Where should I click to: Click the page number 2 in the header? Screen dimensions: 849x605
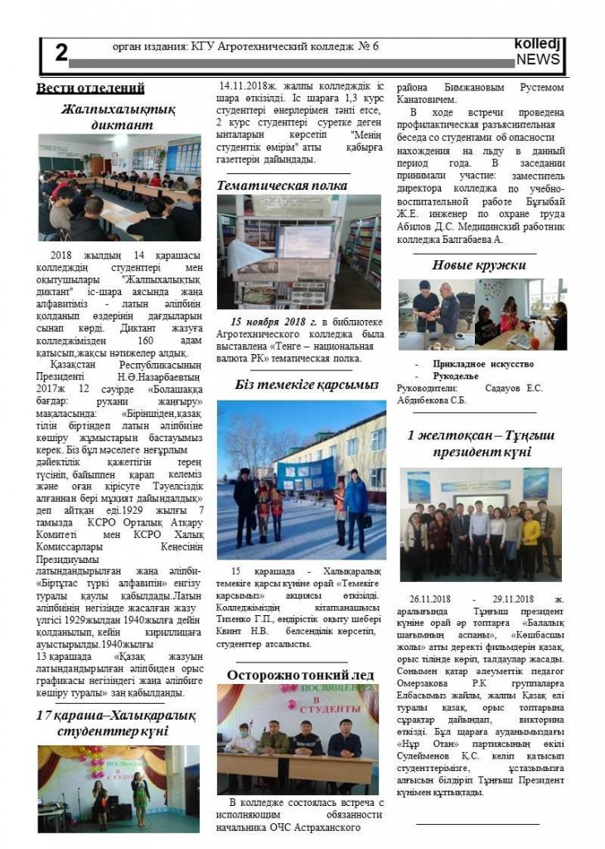[60, 53]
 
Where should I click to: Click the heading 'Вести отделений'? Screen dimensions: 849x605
[90, 89]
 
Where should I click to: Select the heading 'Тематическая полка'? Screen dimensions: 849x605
[282, 185]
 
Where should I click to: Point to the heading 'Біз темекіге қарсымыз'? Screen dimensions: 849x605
[302, 385]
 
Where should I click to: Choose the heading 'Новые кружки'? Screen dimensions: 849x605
[479, 265]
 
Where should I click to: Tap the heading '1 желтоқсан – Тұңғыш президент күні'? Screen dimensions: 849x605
[481, 444]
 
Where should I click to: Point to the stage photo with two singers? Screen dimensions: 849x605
[119, 788]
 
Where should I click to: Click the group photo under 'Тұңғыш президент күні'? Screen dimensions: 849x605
[481, 524]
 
